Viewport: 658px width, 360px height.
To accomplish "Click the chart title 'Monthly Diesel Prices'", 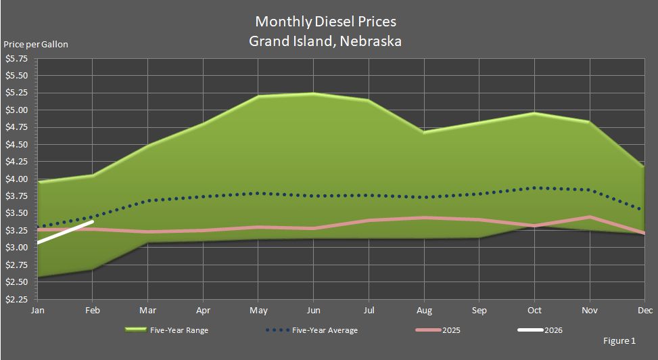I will (x=325, y=22).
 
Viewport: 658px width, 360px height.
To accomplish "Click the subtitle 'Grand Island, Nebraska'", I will (x=325, y=41).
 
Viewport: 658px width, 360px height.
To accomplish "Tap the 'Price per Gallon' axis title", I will (x=36, y=45).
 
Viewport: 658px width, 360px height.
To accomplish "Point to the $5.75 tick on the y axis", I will (x=16, y=59).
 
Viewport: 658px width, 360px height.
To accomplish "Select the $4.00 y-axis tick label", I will (x=16, y=179).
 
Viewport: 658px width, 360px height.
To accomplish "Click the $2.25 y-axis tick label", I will (x=16, y=300).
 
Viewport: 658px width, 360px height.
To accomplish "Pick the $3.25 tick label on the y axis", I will (x=16, y=231).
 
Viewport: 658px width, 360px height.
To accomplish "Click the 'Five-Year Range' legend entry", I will (x=181, y=330).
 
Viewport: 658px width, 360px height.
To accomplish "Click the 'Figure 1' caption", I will (x=619, y=340).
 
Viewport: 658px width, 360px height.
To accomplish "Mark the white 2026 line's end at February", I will (x=92, y=221).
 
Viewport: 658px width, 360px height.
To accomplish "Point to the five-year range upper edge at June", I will (x=312, y=93).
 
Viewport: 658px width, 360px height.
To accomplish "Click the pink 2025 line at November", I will (x=590, y=217).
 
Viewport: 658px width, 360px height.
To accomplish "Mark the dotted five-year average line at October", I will (x=534, y=187).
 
